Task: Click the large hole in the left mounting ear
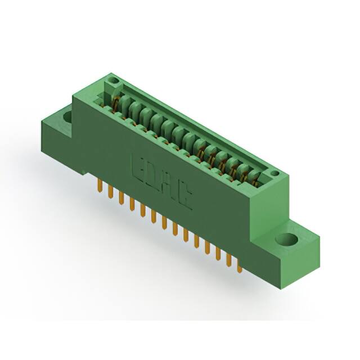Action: click(x=67, y=117)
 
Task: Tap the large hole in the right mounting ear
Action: click(x=286, y=240)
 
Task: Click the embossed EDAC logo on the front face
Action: click(x=161, y=181)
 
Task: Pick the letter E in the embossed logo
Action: click(x=138, y=166)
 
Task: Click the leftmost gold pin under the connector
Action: click(x=99, y=186)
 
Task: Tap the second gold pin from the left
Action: click(x=110, y=192)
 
